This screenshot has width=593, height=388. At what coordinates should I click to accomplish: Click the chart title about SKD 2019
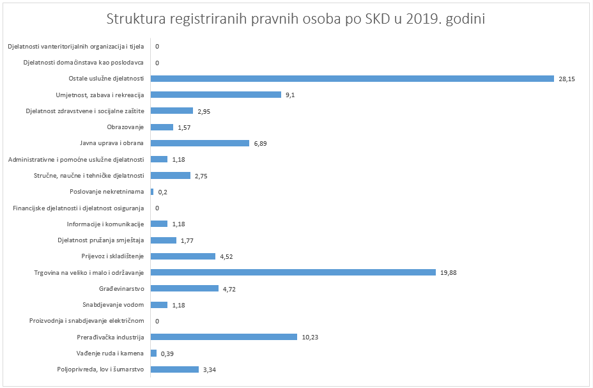(x=296, y=19)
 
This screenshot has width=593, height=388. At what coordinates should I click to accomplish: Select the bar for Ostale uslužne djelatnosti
(x=352, y=79)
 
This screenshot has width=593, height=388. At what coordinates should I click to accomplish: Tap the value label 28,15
(x=566, y=79)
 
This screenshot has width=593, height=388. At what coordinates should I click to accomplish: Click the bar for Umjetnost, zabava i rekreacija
(x=216, y=95)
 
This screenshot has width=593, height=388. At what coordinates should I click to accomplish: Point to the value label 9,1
(x=290, y=95)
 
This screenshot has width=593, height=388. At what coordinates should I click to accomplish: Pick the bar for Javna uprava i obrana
(x=200, y=143)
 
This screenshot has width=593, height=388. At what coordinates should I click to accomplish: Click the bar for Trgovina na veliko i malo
(x=293, y=272)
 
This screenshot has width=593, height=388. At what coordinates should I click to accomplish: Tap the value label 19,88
(x=448, y=272)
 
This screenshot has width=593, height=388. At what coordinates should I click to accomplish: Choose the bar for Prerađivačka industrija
(x=224, y=337)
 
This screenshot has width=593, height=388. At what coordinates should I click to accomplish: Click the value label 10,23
(x=310, y=337)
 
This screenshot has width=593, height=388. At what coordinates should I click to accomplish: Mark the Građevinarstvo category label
(x=121, y=288)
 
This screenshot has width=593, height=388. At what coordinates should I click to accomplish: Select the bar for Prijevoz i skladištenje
(x=183, y=256)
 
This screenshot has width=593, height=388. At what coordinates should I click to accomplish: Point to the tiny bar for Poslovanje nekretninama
(x=152, y=192)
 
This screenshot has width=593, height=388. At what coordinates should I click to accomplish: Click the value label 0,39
(x=167, y=353)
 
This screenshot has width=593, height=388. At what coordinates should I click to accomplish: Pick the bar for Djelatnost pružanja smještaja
(x=164, y=240)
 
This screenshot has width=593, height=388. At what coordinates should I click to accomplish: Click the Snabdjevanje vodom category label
(x=113, y=305)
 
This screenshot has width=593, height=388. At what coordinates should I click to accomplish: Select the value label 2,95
(x=204, y=111)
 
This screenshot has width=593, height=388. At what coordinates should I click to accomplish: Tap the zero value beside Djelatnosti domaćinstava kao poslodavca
(x=157, y=63)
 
